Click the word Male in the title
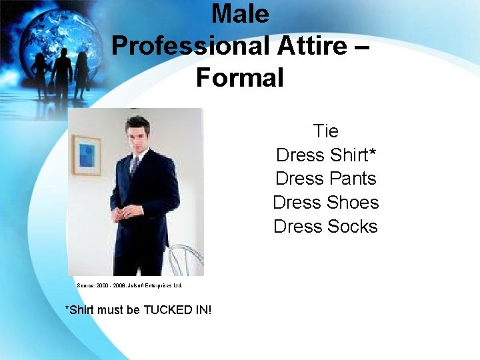240,14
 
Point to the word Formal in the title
240,78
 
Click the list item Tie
325,131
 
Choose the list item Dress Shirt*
325,155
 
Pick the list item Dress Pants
325,179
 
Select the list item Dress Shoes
325,203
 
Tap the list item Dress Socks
325,227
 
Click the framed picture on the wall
87,155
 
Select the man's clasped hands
122,215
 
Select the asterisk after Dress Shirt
373,152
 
